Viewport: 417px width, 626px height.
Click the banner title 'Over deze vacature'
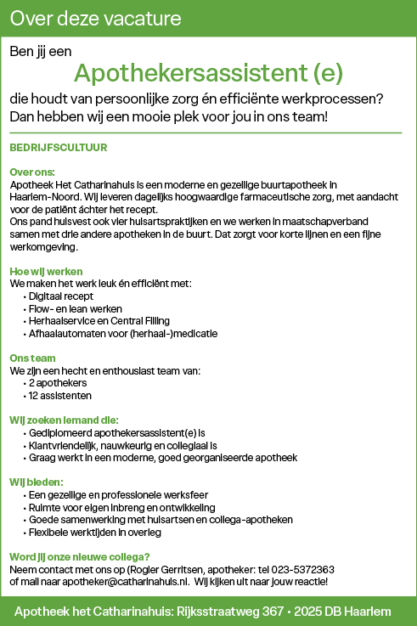(x=96, y=17)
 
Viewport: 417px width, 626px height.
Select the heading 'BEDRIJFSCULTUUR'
(x=59, y=147)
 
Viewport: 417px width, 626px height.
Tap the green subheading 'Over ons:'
(x=32, y=172)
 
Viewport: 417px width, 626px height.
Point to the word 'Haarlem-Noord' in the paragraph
(x=43, y=196)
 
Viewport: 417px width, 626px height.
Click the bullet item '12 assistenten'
(x=61, y=396)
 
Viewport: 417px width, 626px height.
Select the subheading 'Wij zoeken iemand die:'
(x=64, y=420)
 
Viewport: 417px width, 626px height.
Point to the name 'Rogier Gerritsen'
(x=167, y=569)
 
